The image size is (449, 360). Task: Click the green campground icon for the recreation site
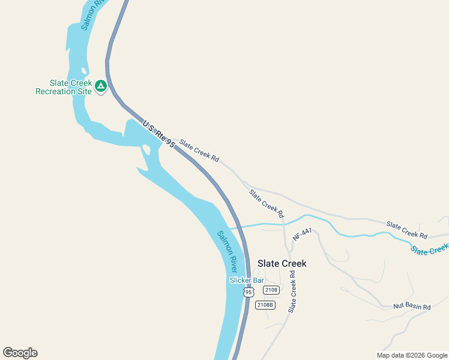[101, 86]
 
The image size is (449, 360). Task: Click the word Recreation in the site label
[64, 91]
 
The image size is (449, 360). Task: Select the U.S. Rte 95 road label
[158, 134]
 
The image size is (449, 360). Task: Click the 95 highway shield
[249, 292]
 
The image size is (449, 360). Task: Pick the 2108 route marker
[271, 290]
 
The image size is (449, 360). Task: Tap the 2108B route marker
[265, 305]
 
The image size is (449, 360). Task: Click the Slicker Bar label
[247, 280]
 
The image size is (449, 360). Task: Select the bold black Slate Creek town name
[282, 263]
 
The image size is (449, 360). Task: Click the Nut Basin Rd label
[412, 307]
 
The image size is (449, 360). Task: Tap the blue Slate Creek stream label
[430, 248]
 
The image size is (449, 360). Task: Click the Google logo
[20, 353]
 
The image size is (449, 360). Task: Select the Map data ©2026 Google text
[412, 355]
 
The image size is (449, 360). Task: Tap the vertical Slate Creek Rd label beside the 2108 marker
[292, 292]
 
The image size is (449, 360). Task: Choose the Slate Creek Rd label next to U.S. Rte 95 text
[199, 150]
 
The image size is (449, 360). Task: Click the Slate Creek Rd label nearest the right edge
[406, 230]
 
